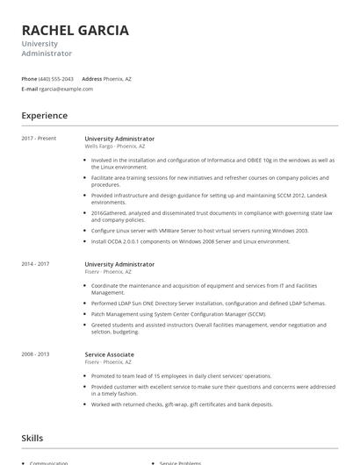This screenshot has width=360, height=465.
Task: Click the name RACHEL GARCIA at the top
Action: (x=76, y=31)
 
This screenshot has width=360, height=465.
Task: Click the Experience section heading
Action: (x=44, y=116)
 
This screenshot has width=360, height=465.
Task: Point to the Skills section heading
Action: (x=32, y=438)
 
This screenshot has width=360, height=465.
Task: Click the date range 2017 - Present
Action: (x=39, y=139)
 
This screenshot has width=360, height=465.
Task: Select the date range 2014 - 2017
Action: (x=35, y=264)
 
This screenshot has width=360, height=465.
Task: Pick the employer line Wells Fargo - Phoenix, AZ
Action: (x=115, y=147)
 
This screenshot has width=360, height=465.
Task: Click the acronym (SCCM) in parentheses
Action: (x=256, y=313)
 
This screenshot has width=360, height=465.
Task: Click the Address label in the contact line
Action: (x=92, y=78)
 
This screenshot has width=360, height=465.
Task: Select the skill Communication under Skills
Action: (x=49, y=462)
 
